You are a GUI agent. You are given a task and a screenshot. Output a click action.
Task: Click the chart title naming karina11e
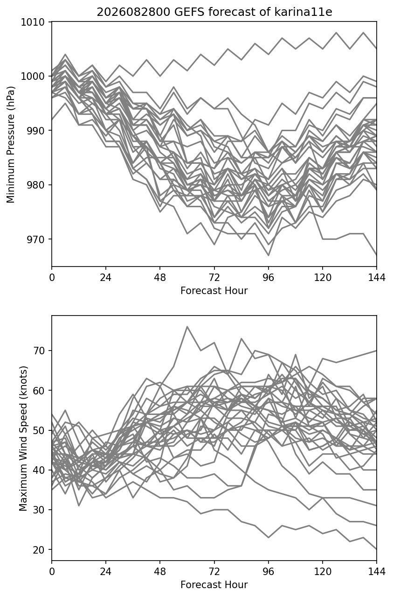click(x=214, y=12)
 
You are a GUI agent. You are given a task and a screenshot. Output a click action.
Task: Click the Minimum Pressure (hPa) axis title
click(x=10, y=144)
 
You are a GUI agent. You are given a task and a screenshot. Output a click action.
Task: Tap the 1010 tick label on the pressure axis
click(x=33, y=22)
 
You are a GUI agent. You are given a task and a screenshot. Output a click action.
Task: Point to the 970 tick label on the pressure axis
click(x=36, y=239)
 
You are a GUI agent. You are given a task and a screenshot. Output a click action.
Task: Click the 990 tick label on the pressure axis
click(x=36, y=131)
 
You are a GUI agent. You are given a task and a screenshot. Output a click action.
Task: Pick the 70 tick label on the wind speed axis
click(x=39, y=351)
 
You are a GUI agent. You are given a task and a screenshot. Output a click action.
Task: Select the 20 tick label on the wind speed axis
click(x=39, y=549)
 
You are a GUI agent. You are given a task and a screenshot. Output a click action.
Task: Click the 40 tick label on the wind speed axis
click(x=39, y=470)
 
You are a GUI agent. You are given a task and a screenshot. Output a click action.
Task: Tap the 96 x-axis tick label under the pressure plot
click(x=269, y=278)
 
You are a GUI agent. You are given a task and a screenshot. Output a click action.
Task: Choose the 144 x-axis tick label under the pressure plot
click(x=377, y=278)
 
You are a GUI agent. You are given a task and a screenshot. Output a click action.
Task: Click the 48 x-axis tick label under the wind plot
click(x=160, y=571)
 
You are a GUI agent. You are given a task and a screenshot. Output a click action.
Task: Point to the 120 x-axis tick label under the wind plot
click(x=323, y=571)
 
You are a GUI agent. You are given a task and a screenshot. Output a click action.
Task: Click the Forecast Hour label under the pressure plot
click(x=214, y=290)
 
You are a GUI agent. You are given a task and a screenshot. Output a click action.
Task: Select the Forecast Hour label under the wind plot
click(x=214, y=585)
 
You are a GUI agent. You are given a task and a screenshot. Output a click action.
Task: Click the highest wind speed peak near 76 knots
click(x=187, y=326)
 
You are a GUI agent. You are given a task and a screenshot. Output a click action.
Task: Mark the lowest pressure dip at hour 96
click(x=269, y=255)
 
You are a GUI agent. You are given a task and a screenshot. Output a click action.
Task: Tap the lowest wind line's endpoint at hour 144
click(x=377, y=549)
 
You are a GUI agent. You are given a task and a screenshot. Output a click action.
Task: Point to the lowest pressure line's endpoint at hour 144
click(x=377, y=255)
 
